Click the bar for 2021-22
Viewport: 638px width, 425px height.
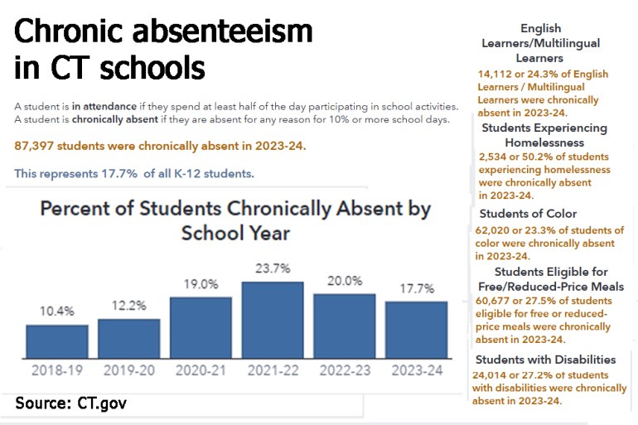coord(273,319)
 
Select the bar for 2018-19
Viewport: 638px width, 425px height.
coord(56,340)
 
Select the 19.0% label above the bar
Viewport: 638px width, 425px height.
coord(201,283)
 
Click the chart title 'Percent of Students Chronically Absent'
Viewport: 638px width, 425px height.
coord(235,209)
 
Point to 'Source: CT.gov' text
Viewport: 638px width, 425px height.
coord(71,403)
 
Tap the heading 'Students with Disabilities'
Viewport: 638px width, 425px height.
coord(545,360)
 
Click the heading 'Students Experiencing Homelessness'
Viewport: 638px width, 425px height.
coord(544,135)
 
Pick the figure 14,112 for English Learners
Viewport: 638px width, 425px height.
coord(495,74)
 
